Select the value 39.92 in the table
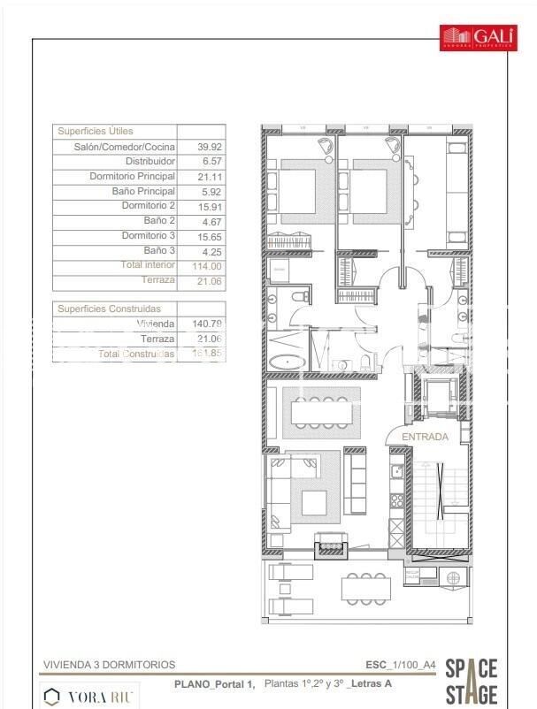[206, 147]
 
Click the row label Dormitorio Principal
[133, 176]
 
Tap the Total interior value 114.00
[206, 265]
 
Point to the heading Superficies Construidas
[110, 309]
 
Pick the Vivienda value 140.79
[206, 324]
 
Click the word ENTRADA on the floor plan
[425, 437]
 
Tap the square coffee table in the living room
[313, 503]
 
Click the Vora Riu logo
[89, 696]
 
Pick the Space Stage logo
[472, 681]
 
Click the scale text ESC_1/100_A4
[400, 665]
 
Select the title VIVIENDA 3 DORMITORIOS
[109, 665]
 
